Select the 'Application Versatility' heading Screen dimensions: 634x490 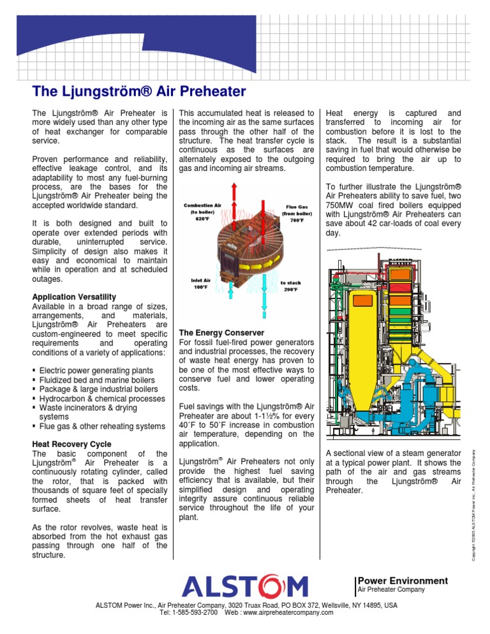pos(74,297)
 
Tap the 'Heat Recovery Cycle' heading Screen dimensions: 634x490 pos(71,444)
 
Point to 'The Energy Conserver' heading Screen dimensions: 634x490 pos(221,333)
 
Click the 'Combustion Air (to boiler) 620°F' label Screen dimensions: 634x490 pos(202,212)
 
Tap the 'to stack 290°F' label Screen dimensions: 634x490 pos(290,285)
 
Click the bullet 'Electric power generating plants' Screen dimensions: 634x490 pos(96,371)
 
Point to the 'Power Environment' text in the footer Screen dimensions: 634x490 pos(403,580)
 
